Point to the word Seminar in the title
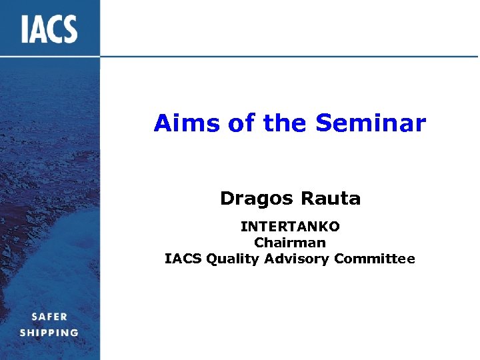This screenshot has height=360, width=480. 371,123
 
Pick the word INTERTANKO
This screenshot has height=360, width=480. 290,228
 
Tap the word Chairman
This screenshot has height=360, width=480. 290,243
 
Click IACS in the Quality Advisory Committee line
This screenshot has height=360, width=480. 183,259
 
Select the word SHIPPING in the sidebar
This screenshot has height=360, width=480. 49,333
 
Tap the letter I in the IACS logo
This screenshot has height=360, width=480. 25,29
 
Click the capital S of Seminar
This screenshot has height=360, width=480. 323,123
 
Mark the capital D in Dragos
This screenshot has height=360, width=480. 227,199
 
